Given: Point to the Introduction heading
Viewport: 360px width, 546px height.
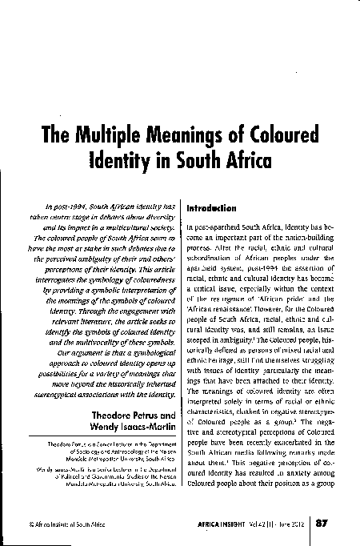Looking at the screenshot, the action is tap(210, 207).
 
